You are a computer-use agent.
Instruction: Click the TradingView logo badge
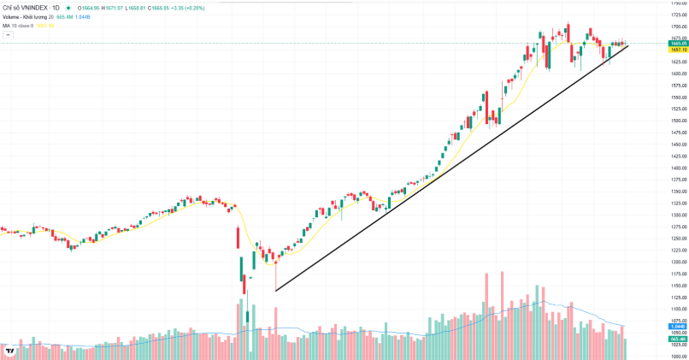pyautogui.click(x=9, y=350)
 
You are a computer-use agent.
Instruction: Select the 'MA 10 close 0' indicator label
pyautogui.click(x=20, y=25)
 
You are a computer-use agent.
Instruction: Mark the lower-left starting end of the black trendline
pyautogui.click(x=275, y=291)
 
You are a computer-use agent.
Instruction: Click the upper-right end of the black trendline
pyautogui.click(x=628, y=44)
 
